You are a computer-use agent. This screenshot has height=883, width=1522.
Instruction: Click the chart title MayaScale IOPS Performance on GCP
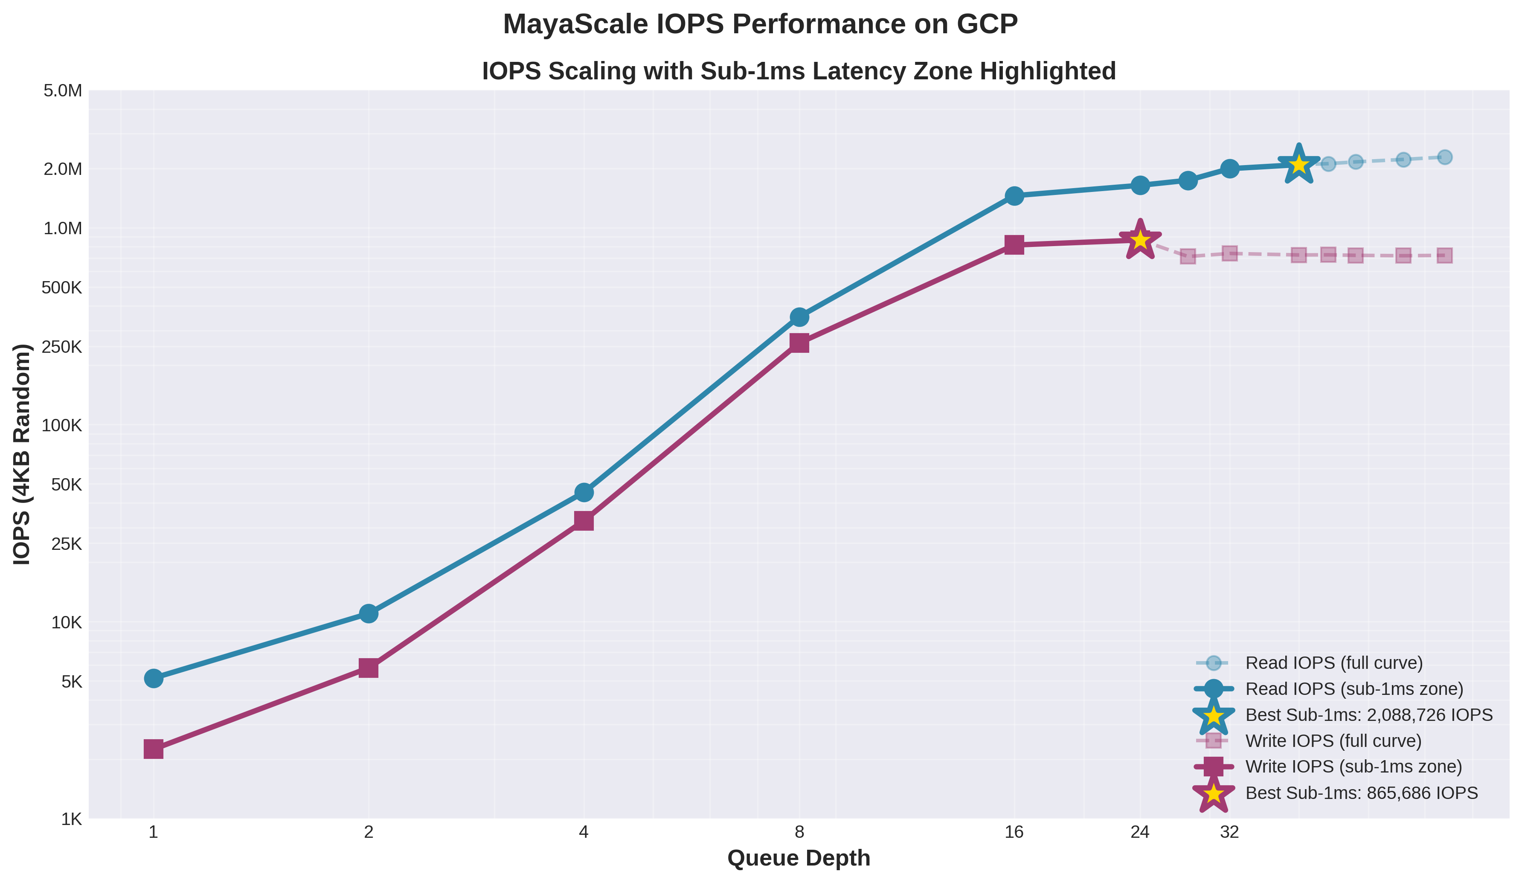(x=761, y=25)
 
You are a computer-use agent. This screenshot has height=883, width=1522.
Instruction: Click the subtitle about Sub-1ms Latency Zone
(x=799, y=71)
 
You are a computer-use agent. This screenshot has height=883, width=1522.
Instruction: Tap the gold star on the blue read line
(x=1298, y=164)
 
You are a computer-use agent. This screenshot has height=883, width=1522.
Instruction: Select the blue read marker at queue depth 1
(x=154, y=678)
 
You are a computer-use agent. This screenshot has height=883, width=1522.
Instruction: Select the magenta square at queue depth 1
(x=154, y=749)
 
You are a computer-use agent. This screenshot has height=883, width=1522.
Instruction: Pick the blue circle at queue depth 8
(x=799, y=317)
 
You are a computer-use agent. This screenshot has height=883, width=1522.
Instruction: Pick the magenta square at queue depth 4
(x=584, y=520)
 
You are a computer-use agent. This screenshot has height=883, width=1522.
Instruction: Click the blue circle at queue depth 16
(x=1015, y=196)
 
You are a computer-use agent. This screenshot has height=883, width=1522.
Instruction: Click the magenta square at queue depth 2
(x=369, y=668)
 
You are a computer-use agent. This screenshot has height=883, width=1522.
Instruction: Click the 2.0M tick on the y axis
(x=63, y=169)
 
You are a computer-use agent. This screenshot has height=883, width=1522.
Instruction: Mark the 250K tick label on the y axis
(x=61, y=347)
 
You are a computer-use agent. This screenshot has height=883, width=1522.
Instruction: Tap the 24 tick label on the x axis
(x=1140, y=832)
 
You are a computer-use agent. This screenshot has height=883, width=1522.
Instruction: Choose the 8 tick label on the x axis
(x=799, y=832)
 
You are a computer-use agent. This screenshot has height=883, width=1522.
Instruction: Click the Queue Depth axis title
(x=799, y=858)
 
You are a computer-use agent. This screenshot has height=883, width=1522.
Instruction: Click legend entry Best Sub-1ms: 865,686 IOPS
(x=1361, y=793)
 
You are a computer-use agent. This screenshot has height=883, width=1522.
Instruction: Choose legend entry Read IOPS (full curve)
(x=1333, y=663)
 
